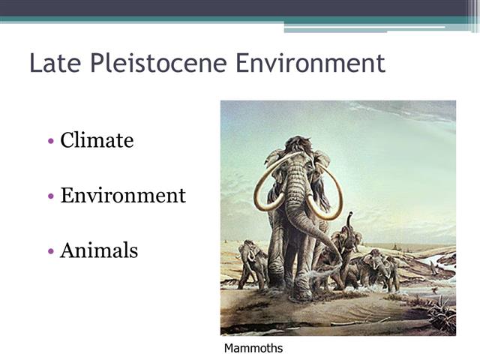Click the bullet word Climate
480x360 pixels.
[x=97, y=139]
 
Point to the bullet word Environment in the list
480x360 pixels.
[x=123, y=195]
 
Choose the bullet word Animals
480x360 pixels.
[x=99, y=250]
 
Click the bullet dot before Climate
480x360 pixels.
[x=50, y=141]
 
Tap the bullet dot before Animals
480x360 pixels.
[x=50, y=252]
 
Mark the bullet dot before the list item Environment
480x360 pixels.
[x=50, y=196]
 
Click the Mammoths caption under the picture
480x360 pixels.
[x=253, y=348]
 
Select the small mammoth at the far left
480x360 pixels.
[x=251, y=262]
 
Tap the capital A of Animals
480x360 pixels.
[x=67, y=250]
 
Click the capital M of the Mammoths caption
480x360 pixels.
[x=229, y=348]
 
